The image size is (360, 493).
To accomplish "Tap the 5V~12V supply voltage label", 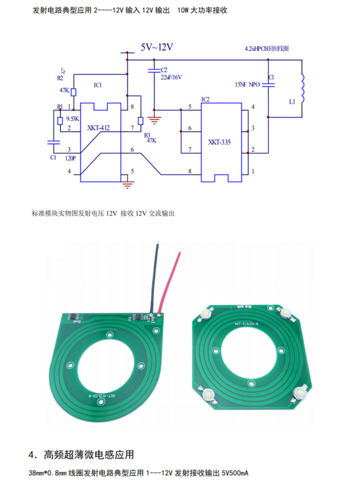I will coord(156,47).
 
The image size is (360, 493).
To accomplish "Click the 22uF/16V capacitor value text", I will coord(171,77).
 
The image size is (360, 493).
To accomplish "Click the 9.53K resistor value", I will coord(73,119).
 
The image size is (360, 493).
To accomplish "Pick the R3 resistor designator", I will coord(147,135).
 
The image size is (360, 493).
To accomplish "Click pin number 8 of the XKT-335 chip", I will coord(190,171).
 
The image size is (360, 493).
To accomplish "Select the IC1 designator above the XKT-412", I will coord(98,85).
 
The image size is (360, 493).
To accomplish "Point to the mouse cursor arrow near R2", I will coord(63,71).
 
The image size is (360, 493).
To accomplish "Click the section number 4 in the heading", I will coord(31,455).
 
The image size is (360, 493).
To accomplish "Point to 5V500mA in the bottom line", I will coord(235,473).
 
